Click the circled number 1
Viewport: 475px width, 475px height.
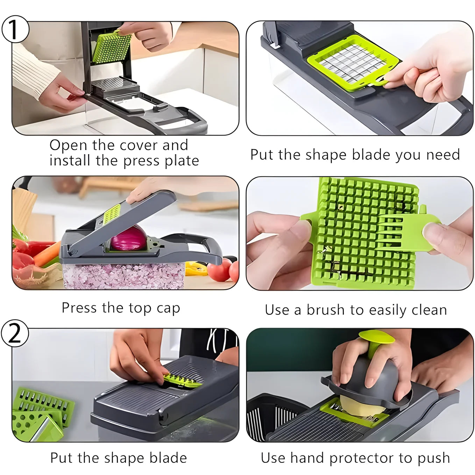pos(14,29)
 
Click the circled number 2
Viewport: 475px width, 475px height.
pos(15,333)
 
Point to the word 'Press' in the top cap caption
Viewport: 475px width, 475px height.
pos(79,308)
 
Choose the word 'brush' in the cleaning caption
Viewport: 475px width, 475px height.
pos(326,310)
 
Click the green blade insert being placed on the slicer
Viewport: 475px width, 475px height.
pos(182,381)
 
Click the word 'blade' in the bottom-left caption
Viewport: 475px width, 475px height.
pos(168,458)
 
